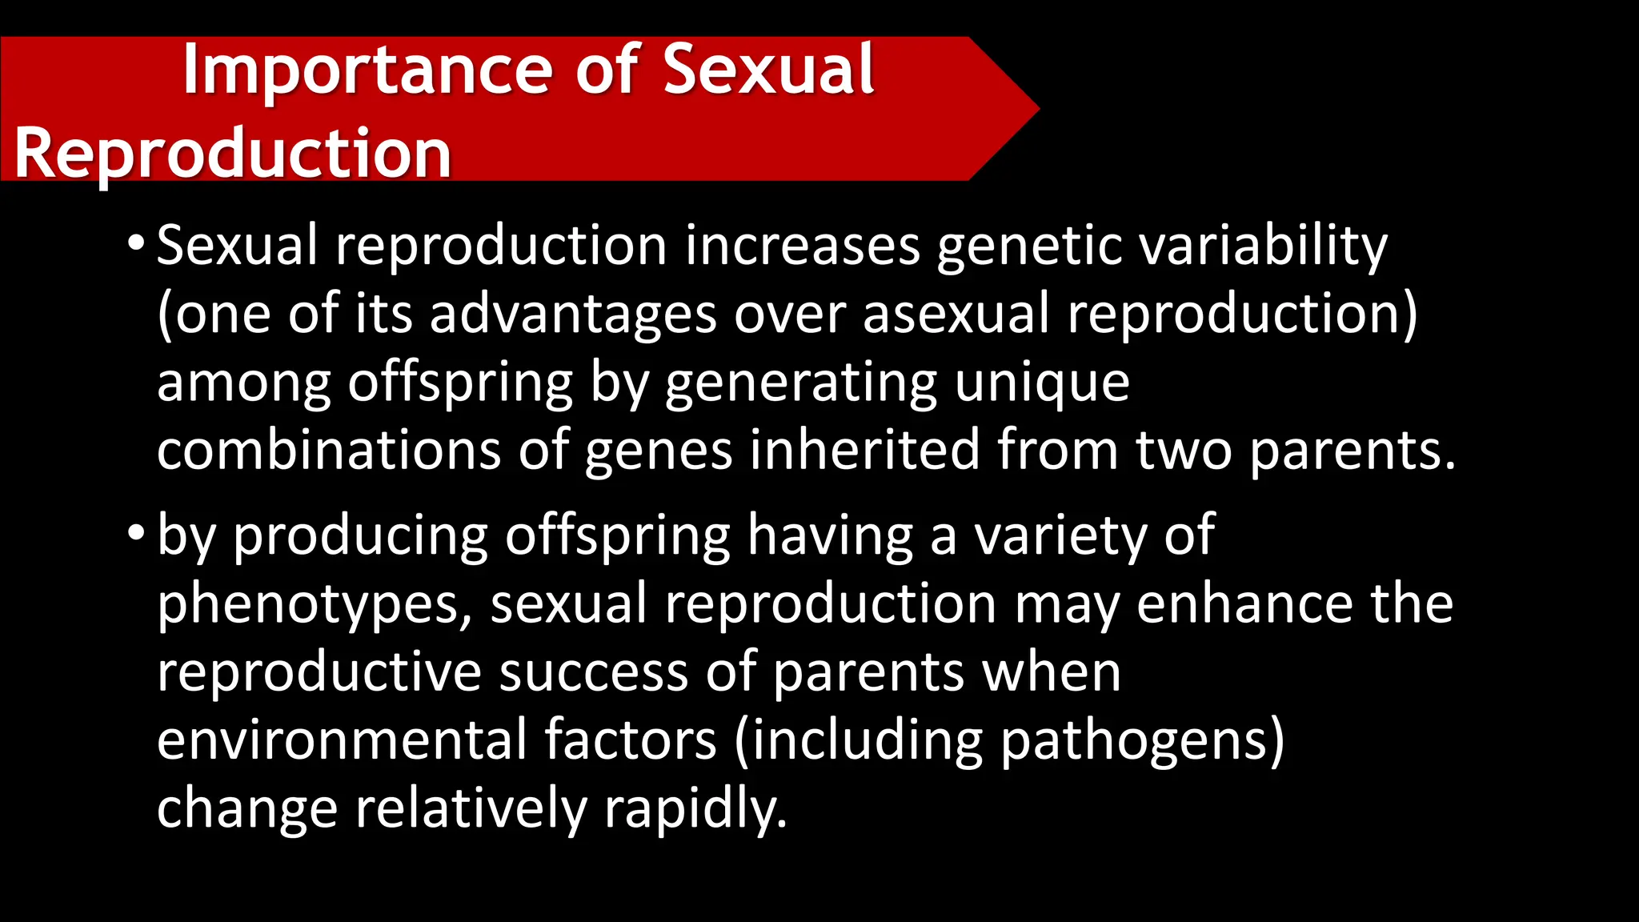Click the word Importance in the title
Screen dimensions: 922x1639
tap(368, 70)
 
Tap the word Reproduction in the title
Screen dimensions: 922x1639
tap(233, 153)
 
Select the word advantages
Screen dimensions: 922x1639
tap(573, 314)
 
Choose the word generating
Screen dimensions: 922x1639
tap(800, 383)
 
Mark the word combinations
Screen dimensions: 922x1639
tap(329, 450)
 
